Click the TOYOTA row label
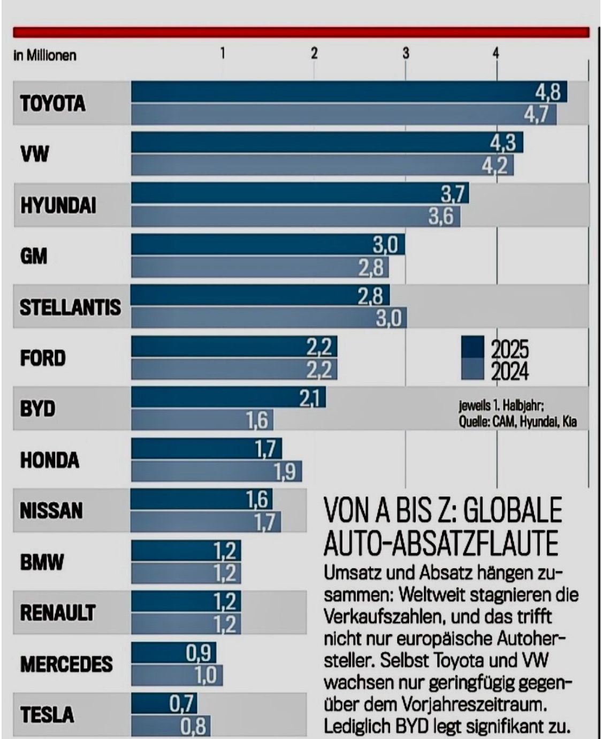tap(52, 103)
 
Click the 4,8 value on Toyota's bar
tap(547, 93)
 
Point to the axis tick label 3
tap(406, 53)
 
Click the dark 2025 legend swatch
tap(473, 348)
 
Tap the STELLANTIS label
tap(70, 307)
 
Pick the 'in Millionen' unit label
tap(45, 55)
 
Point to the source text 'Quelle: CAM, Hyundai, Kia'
tap(517, 423)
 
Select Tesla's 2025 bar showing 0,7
tap(164, 703)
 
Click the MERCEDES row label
tap(66, 664)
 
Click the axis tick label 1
tap(223, 53)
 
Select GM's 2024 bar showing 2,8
tap(260, 267)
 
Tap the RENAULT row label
tap(58, 613)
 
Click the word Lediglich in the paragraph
tap(358, 727)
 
